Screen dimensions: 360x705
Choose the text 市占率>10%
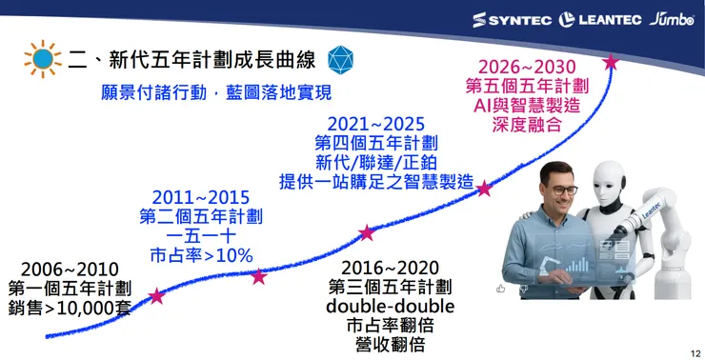(x=201, y=255)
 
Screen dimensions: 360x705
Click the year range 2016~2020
(x=390, y=267)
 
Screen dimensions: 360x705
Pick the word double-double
(x=390, y=307)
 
